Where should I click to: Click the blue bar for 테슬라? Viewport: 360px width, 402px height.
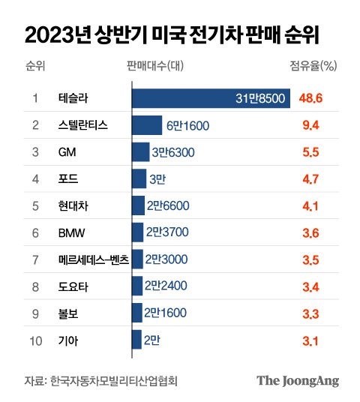tap(211, 98)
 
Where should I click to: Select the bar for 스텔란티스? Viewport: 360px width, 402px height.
tap(147, 125)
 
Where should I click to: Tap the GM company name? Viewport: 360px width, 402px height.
tap(67, 152)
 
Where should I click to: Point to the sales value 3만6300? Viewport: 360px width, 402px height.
tap(173, 152)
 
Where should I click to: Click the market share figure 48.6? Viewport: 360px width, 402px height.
tap(310, 98)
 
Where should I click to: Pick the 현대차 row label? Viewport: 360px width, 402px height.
tap(73, 205)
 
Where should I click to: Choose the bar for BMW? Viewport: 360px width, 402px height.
tap(138, 232)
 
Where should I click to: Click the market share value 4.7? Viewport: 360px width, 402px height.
tap(310, 179)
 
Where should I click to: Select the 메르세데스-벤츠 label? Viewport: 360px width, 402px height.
tap(94, 259)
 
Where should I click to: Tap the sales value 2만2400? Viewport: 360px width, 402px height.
tap(166, 286)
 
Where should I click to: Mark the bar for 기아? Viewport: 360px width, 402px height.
tap(137, 340)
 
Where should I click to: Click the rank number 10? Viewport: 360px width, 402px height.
tap(36, 341)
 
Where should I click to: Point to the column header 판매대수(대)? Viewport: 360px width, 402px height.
tap(155, 66)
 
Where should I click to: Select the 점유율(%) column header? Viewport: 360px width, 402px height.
tap(313, 66)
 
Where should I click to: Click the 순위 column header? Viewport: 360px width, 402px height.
tap(35, 66)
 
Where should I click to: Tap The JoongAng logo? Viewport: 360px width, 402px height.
tap(298, 381)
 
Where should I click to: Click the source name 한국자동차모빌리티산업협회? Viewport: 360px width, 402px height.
tap(114, 381)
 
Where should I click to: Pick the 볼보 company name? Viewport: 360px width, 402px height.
tap(68, 313)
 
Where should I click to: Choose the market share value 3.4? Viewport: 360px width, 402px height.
tap(310, 287)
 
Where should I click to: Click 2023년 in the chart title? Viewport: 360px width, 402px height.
tap(58, 35)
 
